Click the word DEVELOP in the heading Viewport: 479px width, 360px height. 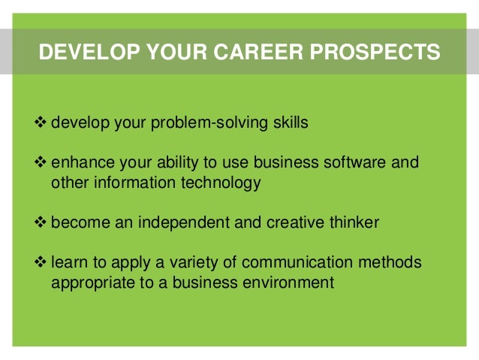coord(80,53)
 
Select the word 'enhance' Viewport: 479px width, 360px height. coord(80,164)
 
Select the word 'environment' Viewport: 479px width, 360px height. coord(289,283)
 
